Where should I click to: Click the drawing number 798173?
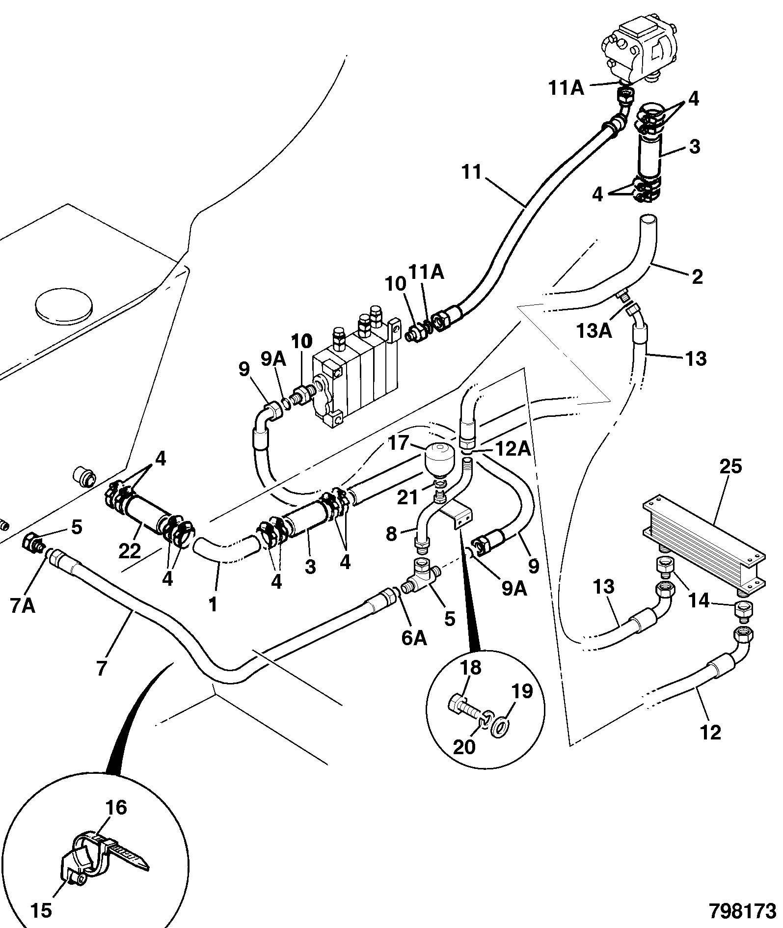742,910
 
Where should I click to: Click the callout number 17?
398,443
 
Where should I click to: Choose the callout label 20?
464,746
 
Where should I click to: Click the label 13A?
594,331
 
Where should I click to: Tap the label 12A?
513,449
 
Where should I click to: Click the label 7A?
23,606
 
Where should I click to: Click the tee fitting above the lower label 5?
419,576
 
